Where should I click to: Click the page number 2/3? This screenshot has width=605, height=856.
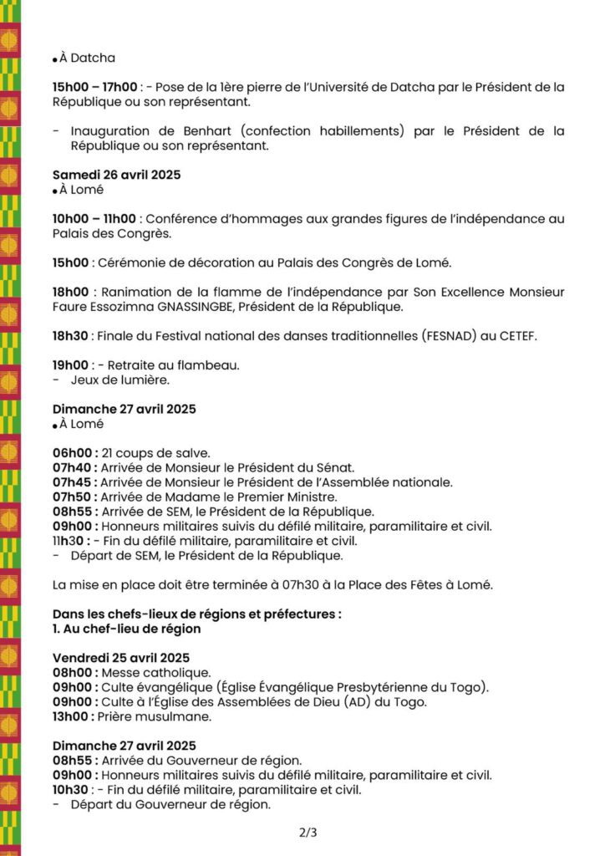[308, 833]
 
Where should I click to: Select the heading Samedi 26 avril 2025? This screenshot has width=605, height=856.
[116, 175]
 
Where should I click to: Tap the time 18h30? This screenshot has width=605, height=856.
[70, 335]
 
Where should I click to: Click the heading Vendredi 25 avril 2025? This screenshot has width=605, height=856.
[121, 657]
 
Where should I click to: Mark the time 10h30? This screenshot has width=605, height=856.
[70, 789]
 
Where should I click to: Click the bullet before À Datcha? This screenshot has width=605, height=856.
[54, 59]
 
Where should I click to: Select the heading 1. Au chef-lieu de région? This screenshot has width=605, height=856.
[126, 629]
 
